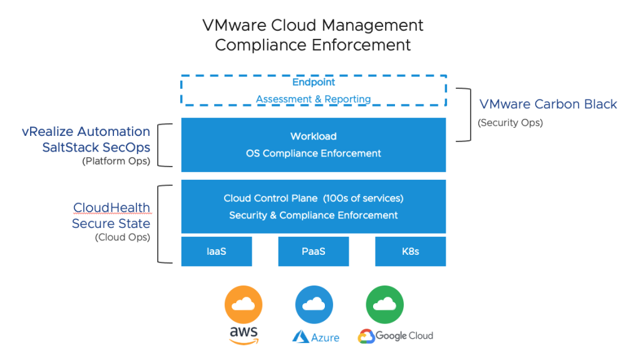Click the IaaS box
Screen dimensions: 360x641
coord(217,252)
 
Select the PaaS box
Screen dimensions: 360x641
coord(314,252)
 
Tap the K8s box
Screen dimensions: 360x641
coord(411,252)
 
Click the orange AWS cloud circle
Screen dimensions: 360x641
coord(244,305)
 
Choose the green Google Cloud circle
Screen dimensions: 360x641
coord(385,305)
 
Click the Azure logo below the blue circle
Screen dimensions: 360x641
coord(315,337)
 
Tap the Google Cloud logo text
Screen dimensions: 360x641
coord(396,336)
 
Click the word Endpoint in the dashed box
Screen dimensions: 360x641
coord(314,82)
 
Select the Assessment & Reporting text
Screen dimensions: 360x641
coord(314,99)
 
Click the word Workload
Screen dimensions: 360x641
coord(314,136)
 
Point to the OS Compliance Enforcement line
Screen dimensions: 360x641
coord(314,153)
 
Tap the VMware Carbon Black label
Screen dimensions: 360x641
coord(548,104)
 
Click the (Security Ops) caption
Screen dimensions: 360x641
coord(510,123)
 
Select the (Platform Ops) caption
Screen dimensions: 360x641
coord(116,161)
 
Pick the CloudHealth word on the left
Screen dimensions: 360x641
coord(111,207)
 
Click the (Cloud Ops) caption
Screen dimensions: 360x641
coord(123,237)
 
